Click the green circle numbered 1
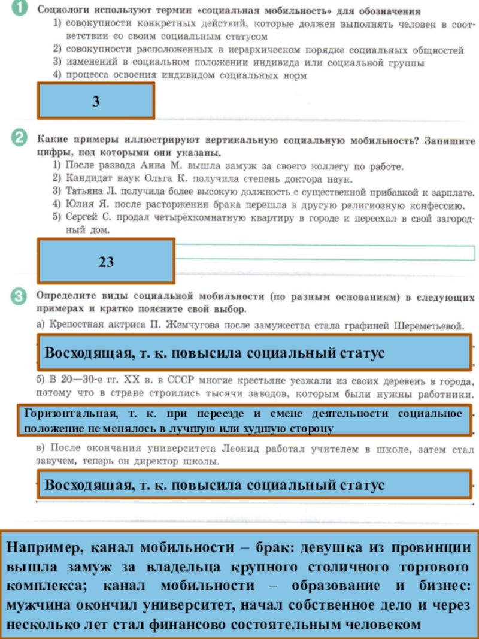[20, 8]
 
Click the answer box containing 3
[96, 101]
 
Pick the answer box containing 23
[106, 261]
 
